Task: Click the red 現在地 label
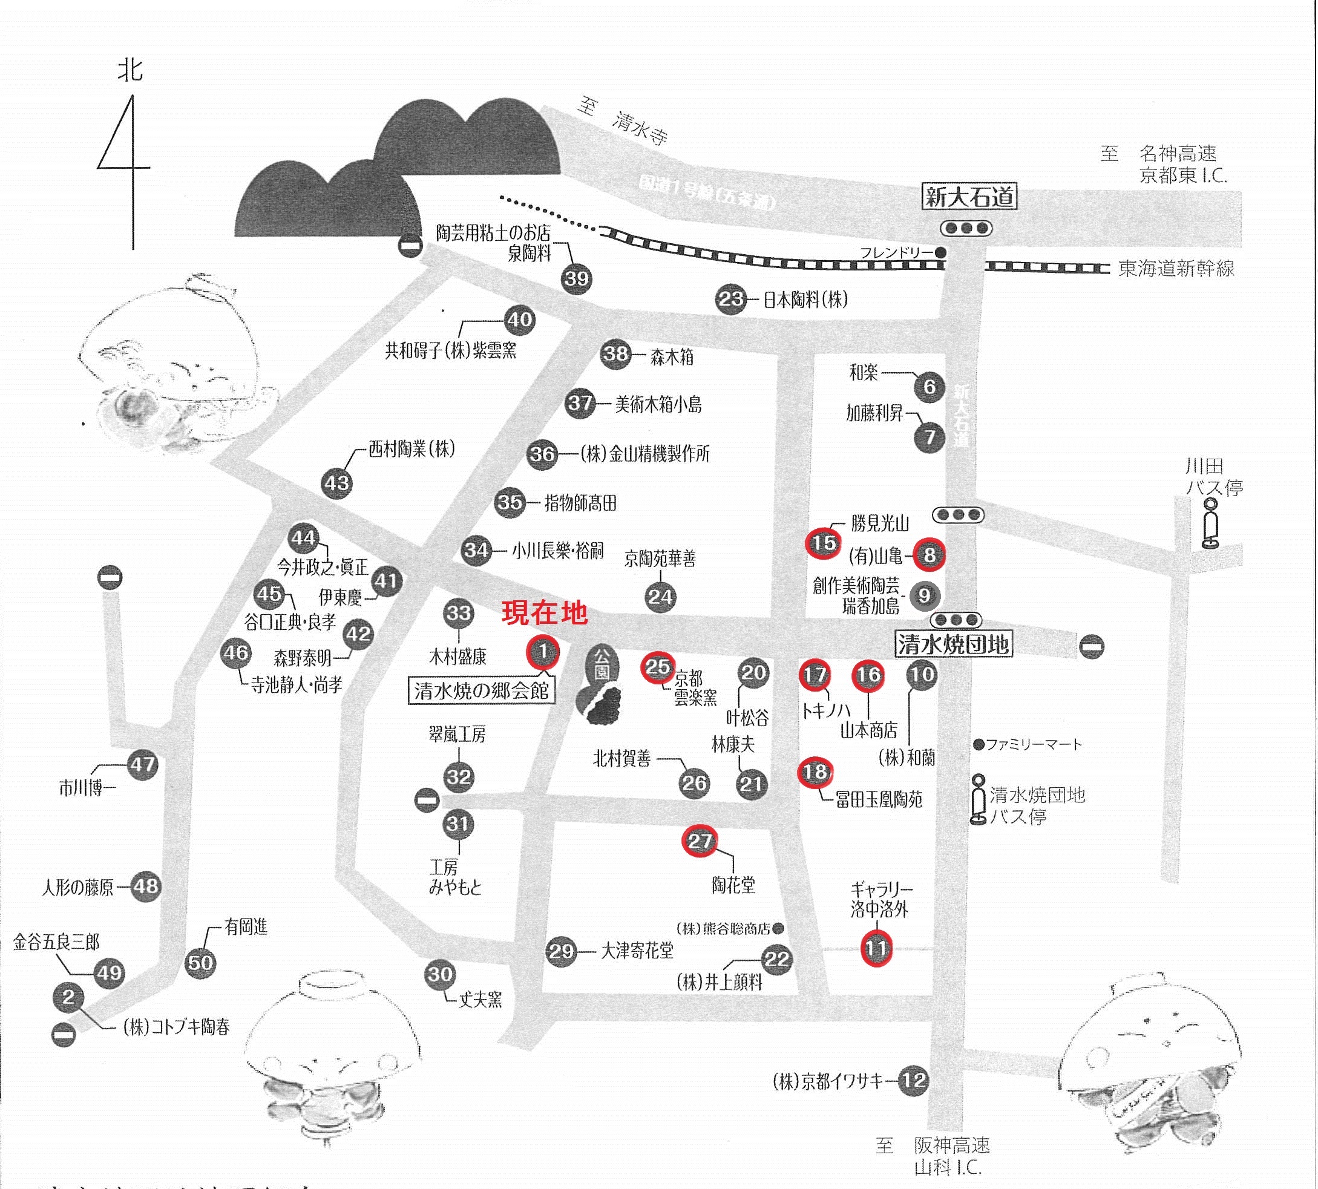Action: (x=544, y=613)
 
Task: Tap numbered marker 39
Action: (x=575, y=279)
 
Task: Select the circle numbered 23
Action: (x=730, y=299)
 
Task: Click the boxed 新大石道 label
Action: (x=969, y=197)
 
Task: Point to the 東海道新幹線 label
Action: (x=1176, y=269)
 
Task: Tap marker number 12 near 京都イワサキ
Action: (x=914, y=1080)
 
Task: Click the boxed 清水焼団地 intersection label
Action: (x=952, y=645)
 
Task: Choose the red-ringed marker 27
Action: (x=699, y=841)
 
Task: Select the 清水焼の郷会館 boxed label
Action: (x=482, y=690)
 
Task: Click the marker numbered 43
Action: (x=336, y=483)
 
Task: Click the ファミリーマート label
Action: (x=1033, y=744)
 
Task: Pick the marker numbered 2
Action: (x=68, y=998)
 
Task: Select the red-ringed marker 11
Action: (x=876, y=949)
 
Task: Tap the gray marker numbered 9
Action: (x=924, y=595)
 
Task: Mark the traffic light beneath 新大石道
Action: (x=966, y=229)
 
